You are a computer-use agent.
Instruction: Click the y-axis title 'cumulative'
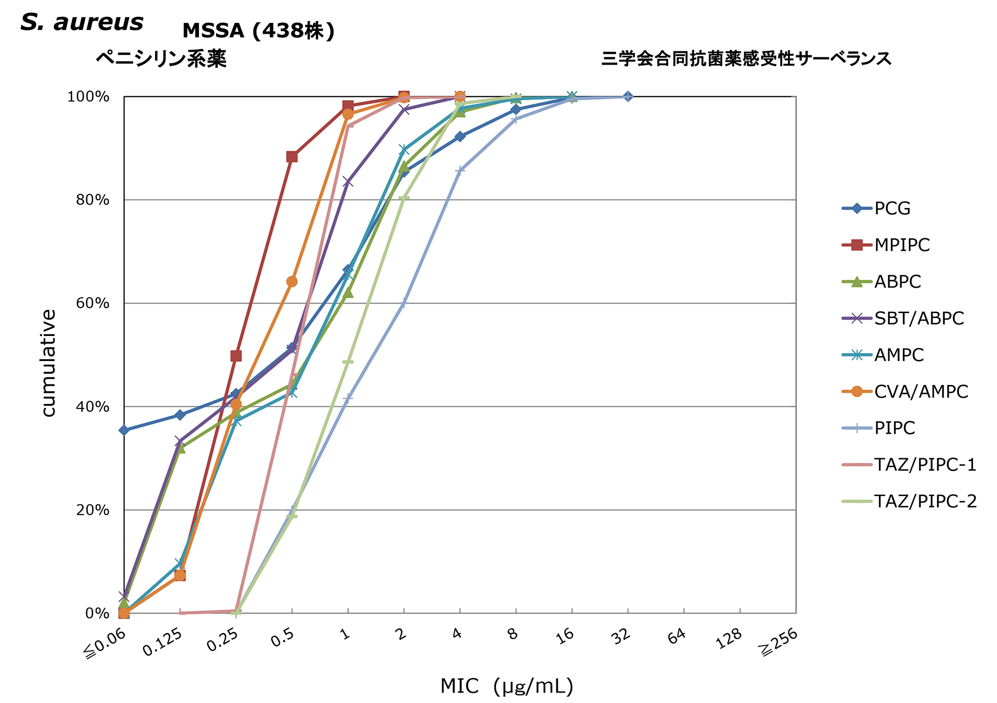coord(48,363)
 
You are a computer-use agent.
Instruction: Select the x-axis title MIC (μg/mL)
coord(506,686)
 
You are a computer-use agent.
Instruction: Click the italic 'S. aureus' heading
coord(82,22)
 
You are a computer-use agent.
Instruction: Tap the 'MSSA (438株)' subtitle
coord(258,31)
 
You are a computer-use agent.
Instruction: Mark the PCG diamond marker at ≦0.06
coord(124,430)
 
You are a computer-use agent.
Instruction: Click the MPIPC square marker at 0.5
coord(292,157)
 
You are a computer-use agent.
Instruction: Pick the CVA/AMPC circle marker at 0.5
coord(292,282)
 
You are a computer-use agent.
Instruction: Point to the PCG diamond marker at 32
coord(628,96)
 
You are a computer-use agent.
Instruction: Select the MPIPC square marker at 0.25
coord(236,356)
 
